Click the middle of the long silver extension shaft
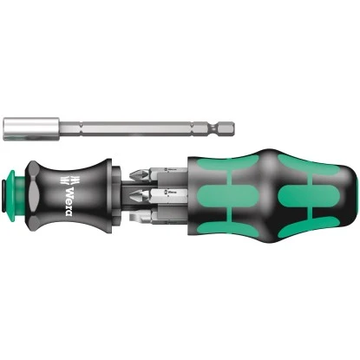click(130, 119)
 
